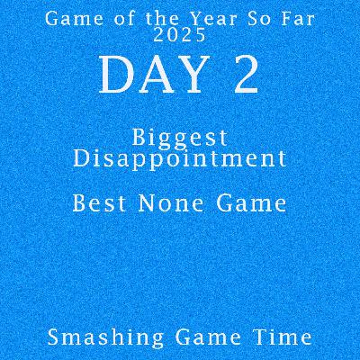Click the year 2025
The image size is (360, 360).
pos(180,35)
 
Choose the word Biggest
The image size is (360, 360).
pos(180,138)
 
